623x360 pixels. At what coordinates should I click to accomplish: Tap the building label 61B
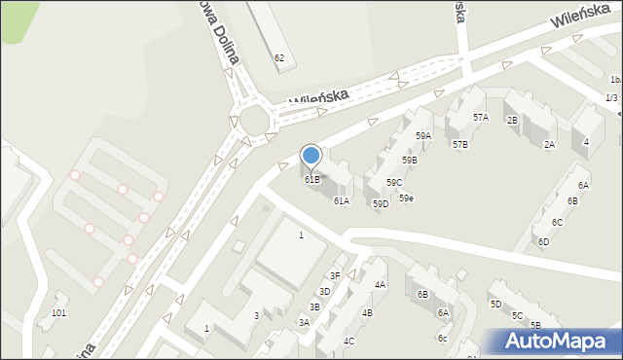(311, 180)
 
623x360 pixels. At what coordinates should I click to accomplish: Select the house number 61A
(341, 201)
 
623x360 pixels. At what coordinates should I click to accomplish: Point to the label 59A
(423, 136)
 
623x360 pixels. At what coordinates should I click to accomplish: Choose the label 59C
(394, 182)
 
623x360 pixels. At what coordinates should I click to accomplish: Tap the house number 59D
(381, 203)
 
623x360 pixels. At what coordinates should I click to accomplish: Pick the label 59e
(406, 198)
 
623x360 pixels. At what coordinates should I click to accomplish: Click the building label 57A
(481, 118)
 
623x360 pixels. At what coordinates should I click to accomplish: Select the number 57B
(460, 144)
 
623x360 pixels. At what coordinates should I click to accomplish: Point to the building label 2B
(512, 121)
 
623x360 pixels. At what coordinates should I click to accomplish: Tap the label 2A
(549, 145)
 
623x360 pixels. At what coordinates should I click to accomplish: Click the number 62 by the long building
(279, 58)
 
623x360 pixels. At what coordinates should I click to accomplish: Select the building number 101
(58, 312)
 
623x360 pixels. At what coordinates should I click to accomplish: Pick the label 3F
(334, 275)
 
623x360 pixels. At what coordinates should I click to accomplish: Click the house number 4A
(380, 285)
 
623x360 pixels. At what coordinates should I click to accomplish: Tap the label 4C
(348, 342)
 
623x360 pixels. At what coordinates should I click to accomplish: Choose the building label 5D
(495, 305)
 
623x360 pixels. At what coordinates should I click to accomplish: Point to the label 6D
(543, 241)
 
